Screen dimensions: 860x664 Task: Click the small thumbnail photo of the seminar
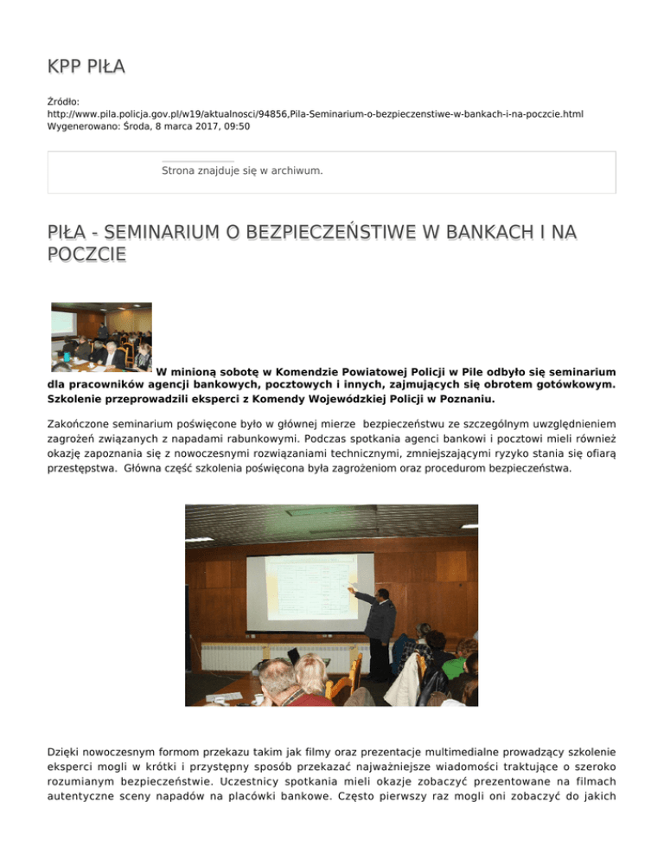tap(101, 337)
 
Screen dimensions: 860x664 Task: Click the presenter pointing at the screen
tap(377, 627)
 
